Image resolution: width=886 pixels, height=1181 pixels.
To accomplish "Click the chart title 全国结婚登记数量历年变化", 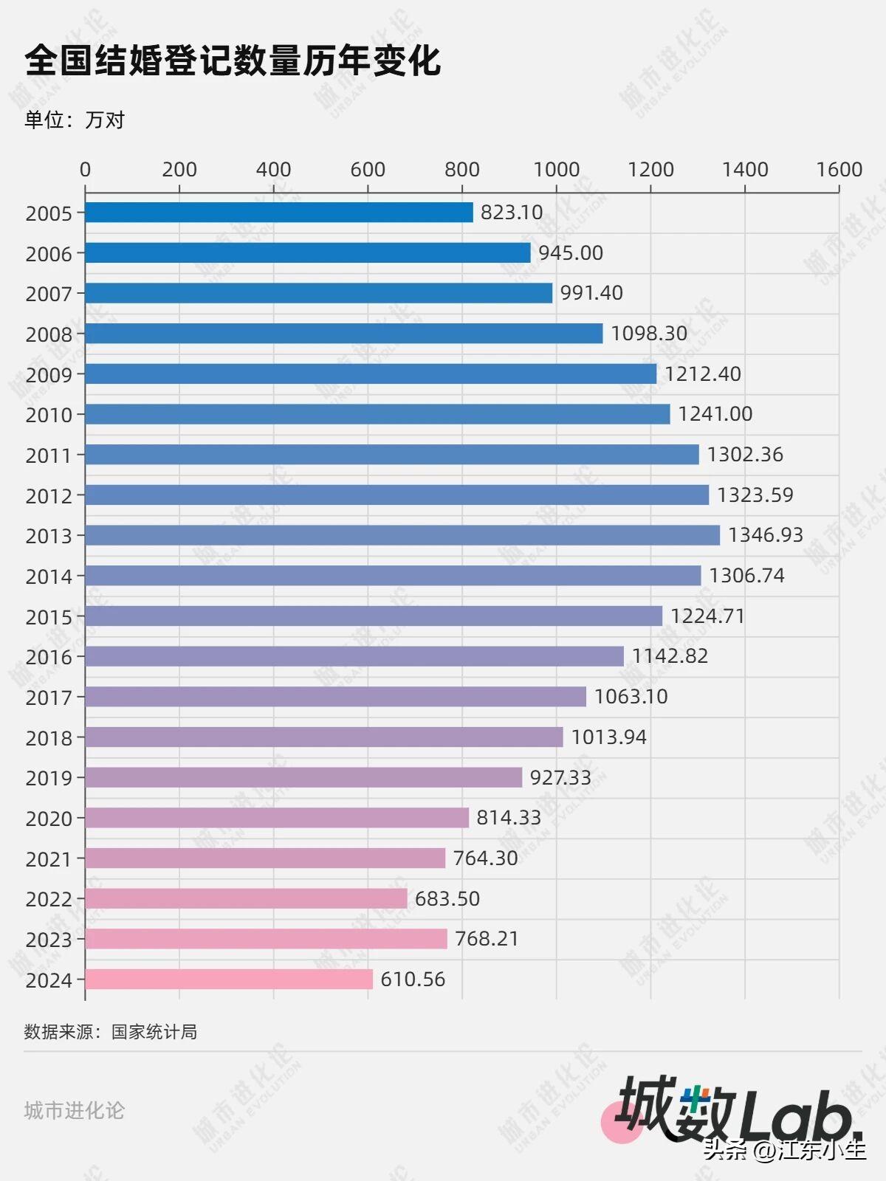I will pyautogui.click(x=233, y=61).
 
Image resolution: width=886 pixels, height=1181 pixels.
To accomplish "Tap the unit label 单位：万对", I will pyautogui.click(x=75, y=120).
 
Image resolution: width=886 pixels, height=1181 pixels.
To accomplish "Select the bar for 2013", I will pyautogui.click(x=402, y=535).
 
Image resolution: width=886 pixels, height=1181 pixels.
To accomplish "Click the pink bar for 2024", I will pyautogui.click(x=229, y=979).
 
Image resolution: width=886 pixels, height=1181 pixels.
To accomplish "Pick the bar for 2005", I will pyautogui.click(x=279, y=213).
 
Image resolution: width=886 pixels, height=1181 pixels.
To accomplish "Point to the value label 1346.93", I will pyautogui.click(x=765, y=535).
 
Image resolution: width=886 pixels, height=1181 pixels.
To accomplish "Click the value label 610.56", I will pyautogui.click(x=413, y=979).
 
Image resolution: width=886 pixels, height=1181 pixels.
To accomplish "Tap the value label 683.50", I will pyautogui.click(x=447, y=898).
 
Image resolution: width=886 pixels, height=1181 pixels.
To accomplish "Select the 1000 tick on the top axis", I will pyautogui.click(x=557, y=170).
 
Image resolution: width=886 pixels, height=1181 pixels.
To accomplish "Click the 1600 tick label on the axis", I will pyautogui.click(x=839, y=170).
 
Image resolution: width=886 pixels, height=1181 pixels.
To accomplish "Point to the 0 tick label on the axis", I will pyautogui.click(x=85, y=170).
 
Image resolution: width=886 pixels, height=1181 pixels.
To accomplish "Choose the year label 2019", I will pyautogui.click(x=49, y=778).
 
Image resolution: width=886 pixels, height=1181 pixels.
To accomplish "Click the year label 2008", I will pyautogui.click(x=49, y=334).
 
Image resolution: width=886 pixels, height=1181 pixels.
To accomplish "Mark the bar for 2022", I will pyautogui.click(x=246, y=898).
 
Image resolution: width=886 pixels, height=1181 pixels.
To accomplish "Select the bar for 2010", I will pyautogui.click(x=377, y=414).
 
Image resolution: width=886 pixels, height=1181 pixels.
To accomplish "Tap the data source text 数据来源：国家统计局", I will pyautogui.click(x=111, y=1032).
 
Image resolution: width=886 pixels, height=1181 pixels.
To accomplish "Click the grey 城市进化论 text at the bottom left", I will pyautogui.click(x=75, y=1110).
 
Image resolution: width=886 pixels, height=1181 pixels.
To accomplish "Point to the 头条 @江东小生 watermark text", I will pyautogui.click(x=784, y=1149).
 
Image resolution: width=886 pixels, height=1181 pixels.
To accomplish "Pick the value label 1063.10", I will pyautogui.click(x=631, y=697).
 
